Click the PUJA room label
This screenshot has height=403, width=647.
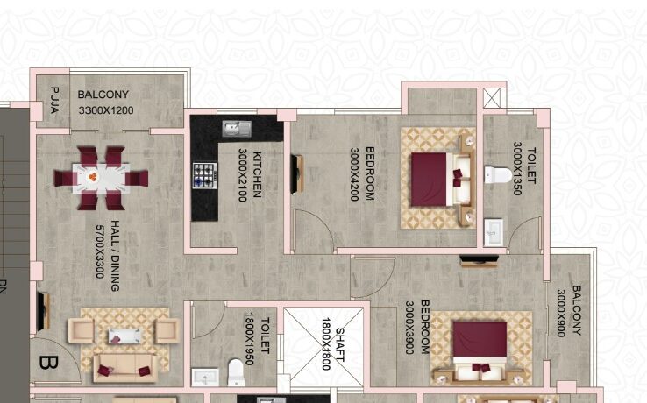(x=54, y=100)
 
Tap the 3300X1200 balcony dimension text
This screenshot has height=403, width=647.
(x=106, y=110)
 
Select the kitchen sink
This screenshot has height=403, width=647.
(x=237, y=129)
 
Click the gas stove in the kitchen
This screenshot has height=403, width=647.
(x=204, y=176)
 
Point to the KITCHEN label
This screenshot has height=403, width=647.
(x=257, y=174)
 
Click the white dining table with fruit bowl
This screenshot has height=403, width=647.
(x=101, y=178)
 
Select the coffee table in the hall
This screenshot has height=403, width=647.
(x=124, y=336)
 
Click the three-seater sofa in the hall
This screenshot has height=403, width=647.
(x=125, y=368)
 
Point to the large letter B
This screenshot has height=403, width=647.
(x=48, y=363)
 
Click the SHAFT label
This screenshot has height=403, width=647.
(x=339, y=344)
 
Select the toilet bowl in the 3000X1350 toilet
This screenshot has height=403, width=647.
(x=498, y=175)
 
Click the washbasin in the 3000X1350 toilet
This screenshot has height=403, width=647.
(x=493, y=233)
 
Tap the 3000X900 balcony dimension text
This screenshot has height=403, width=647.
(x=561, y=313)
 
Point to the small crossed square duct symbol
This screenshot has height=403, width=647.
(x=492, y=98)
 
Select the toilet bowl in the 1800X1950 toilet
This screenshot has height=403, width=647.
(x=236, y=372)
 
